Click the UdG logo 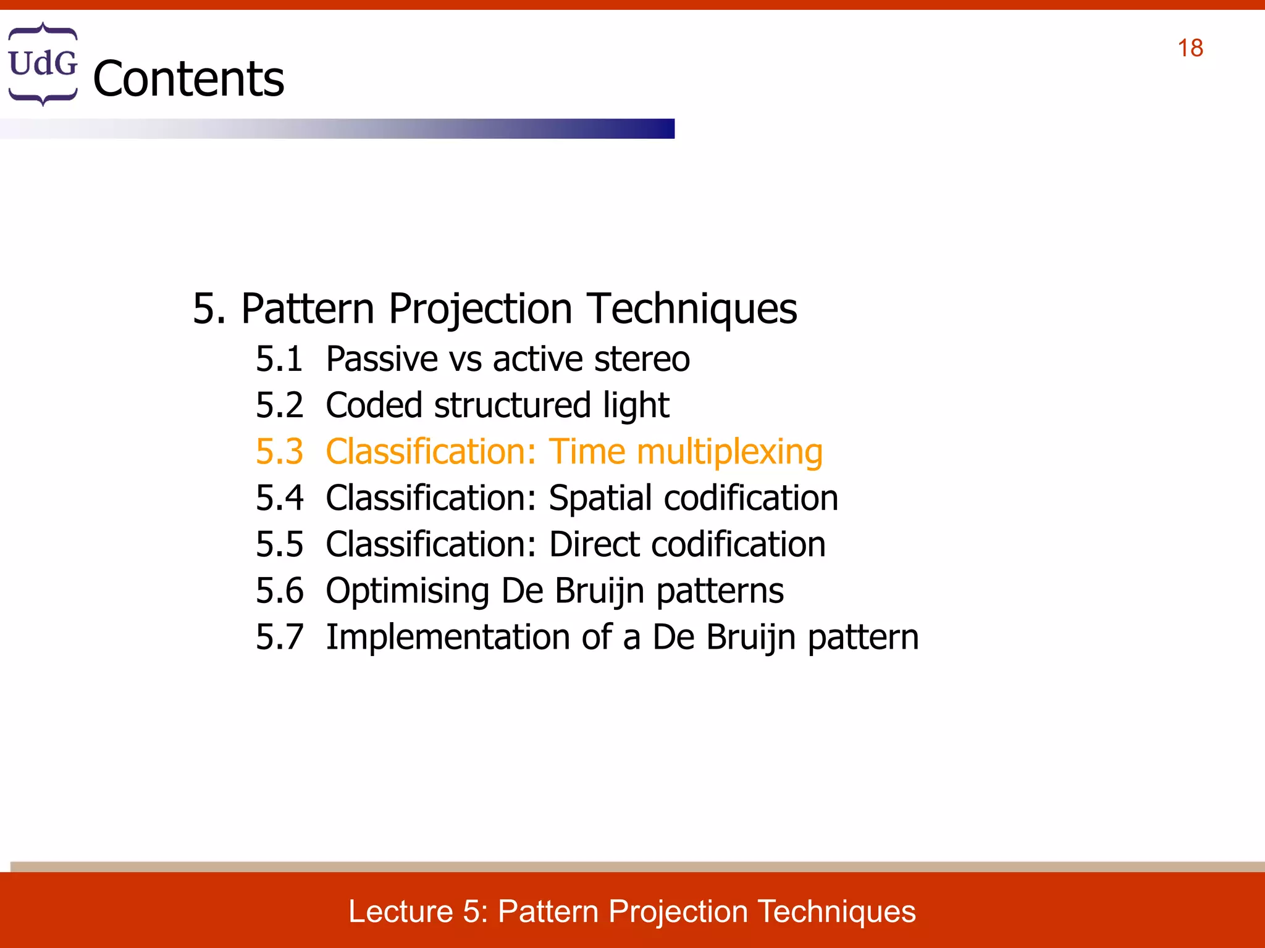pyautogui.click(x=43, y=64)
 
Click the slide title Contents pyautogui.click(x=188, y=79)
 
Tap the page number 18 pyautogui.click(x=1190, y=48)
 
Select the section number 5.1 pyautogui.click(x=279, y=359)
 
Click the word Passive pyautogui.click(x=382, y=359)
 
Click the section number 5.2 pyautogui.click(x=279, y=405)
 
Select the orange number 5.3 pyautogui.click(x=279, y=451)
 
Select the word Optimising pyautogui.click(x=408, y=591)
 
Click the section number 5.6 pyautogui.click(x=279, y=591)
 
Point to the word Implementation pyautogui.click(x=447, y=637)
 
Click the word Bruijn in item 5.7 pyautogui.click(x=750, y=638)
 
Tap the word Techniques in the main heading pyautogui.click(x=692, y=308)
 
